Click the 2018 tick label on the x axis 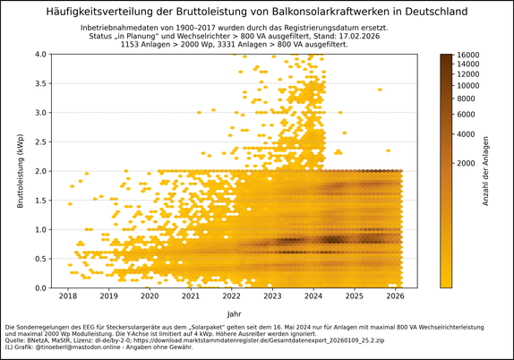pos(68,296)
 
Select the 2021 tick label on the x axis pos(191,296)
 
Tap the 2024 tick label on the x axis pos(313,296)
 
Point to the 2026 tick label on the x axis pos(395,296)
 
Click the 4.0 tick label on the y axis pos(40,54)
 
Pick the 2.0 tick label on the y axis pos(40,171)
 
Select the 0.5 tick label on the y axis pos(40,259)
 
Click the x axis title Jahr pos(234,313)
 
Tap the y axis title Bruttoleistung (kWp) pos(20,171)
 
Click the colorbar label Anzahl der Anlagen pos(485,171)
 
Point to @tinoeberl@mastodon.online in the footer pos(72,347)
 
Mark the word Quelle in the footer pos(15,340)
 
